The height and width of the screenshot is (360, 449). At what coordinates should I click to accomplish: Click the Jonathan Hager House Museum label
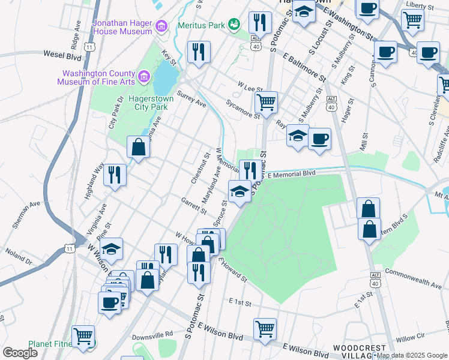click(122, 26)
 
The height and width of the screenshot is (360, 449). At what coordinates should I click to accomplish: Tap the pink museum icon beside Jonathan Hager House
click(161, 26)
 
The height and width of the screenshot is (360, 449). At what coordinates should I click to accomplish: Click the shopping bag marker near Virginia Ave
click(138, 148)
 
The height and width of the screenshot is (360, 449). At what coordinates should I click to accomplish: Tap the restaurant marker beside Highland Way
click(115, 175)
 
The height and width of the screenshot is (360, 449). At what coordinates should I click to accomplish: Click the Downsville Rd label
click(152, 334)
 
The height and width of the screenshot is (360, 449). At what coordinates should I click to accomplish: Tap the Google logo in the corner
click(20, 352)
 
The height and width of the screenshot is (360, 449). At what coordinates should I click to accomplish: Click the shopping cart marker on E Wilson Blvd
click(265, 328)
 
